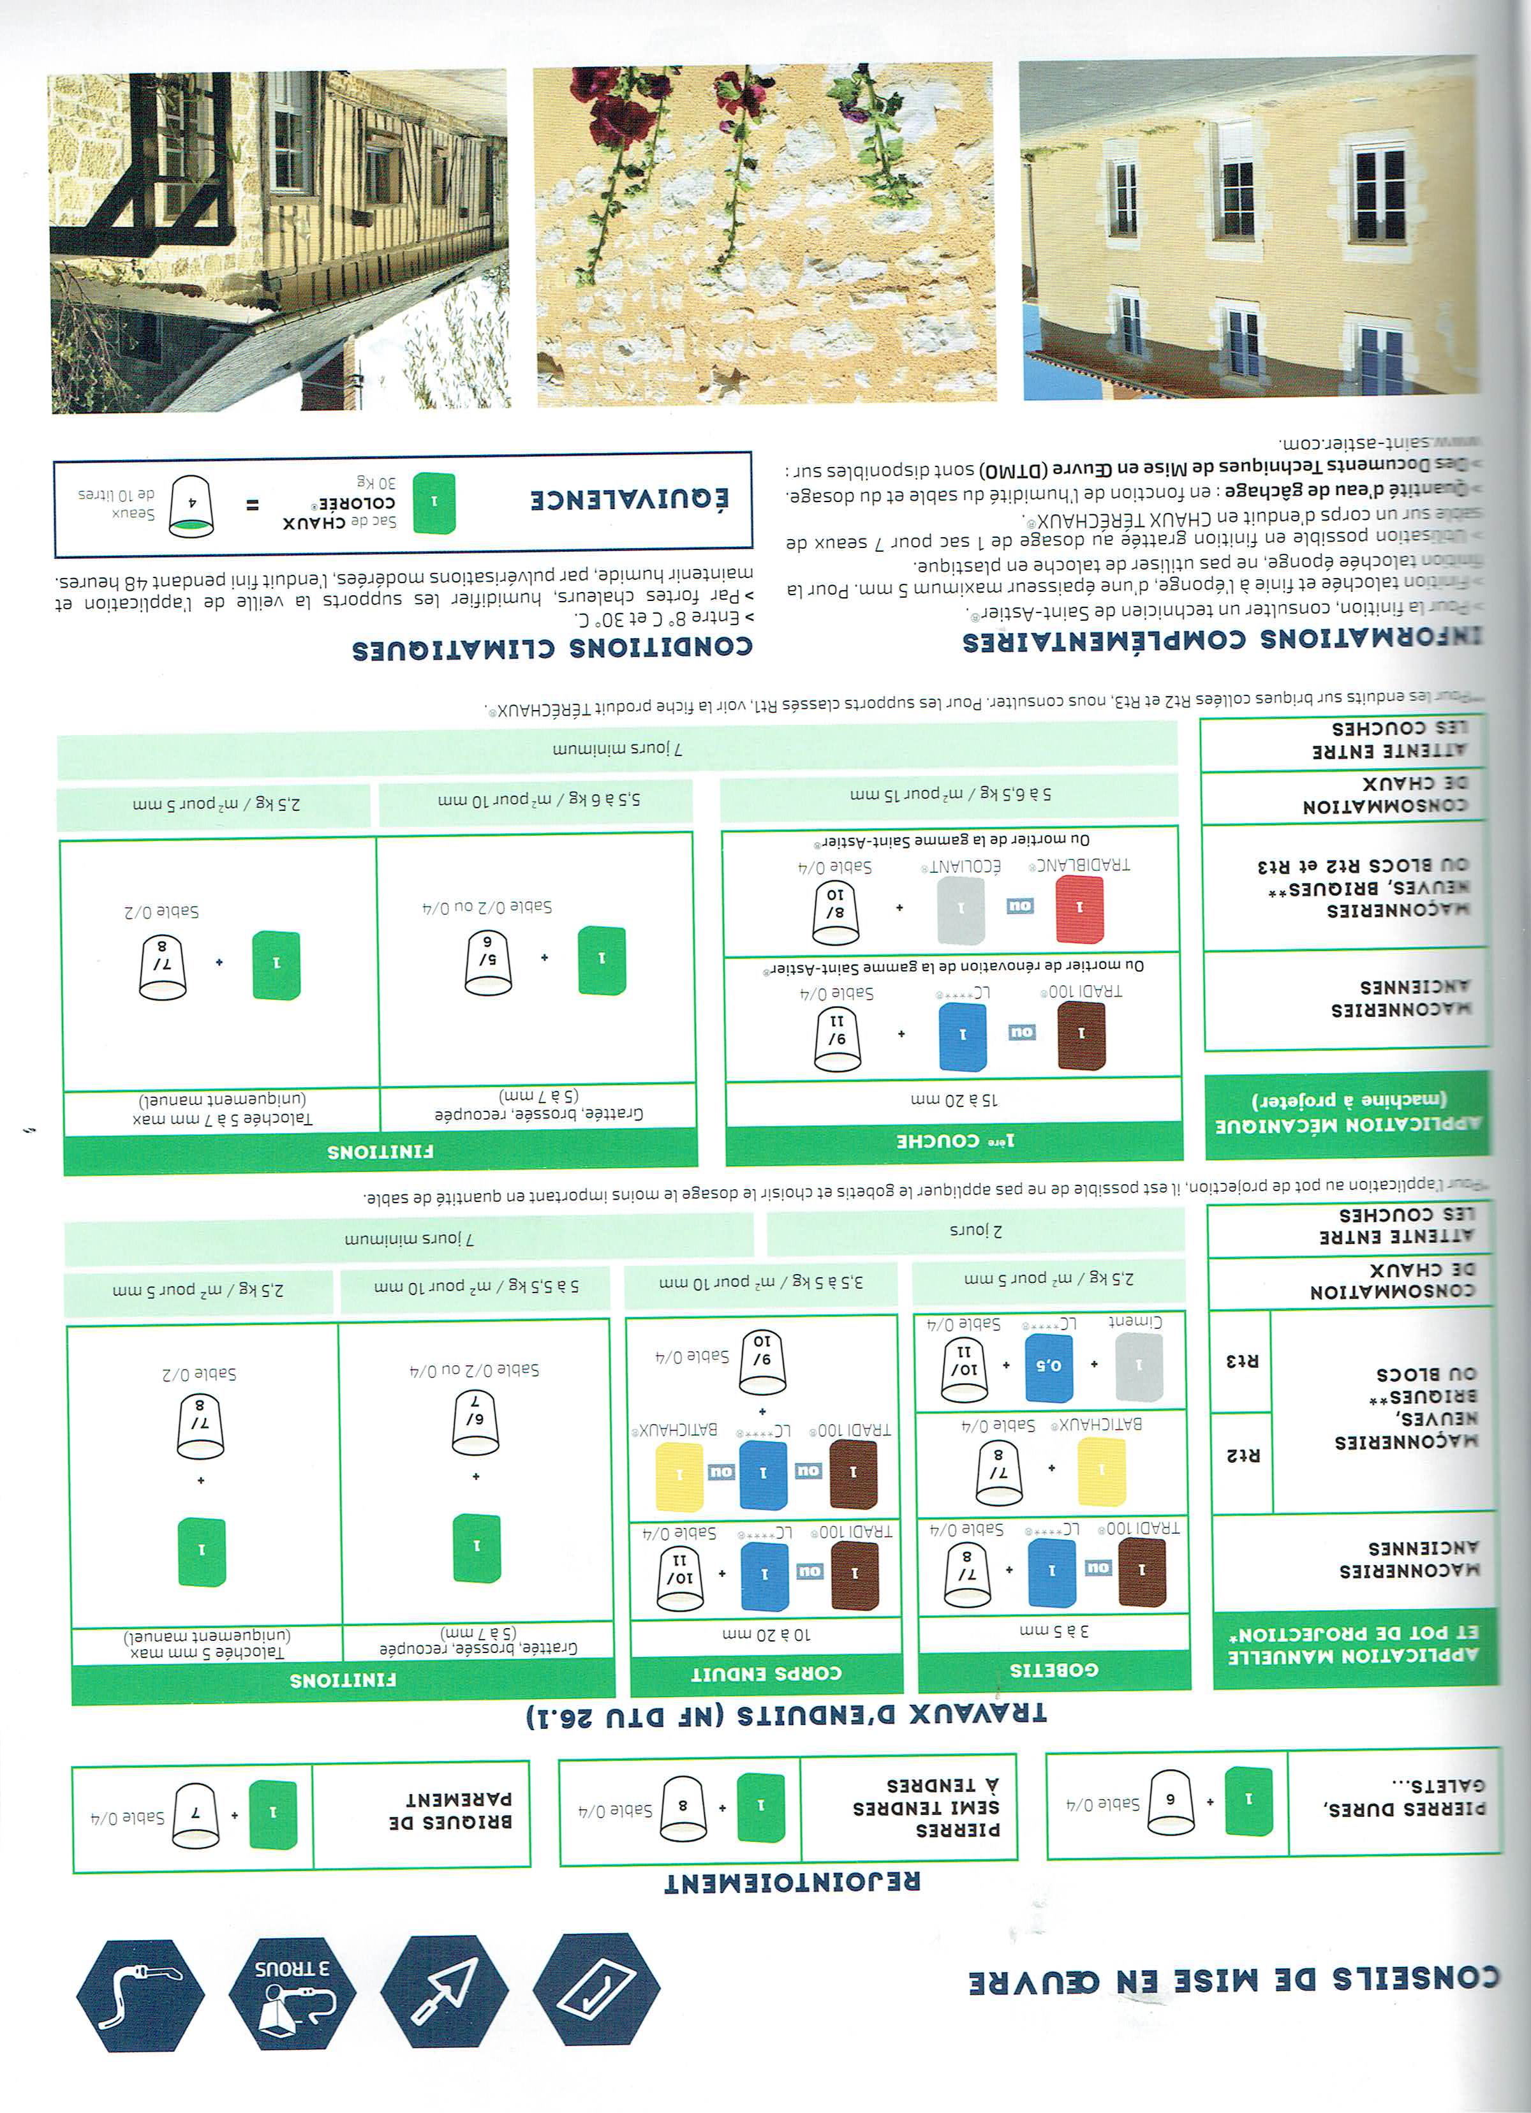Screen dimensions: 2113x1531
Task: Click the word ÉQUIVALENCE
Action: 629,500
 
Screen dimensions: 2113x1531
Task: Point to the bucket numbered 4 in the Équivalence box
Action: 191,505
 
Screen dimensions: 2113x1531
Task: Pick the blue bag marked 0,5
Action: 1049,1367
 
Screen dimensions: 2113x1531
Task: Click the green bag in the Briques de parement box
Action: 273,1813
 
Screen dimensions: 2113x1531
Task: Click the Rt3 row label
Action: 1241,1361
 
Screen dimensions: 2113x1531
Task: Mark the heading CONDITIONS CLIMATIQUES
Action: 552,648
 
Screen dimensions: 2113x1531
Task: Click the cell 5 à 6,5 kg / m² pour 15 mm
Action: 949,795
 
